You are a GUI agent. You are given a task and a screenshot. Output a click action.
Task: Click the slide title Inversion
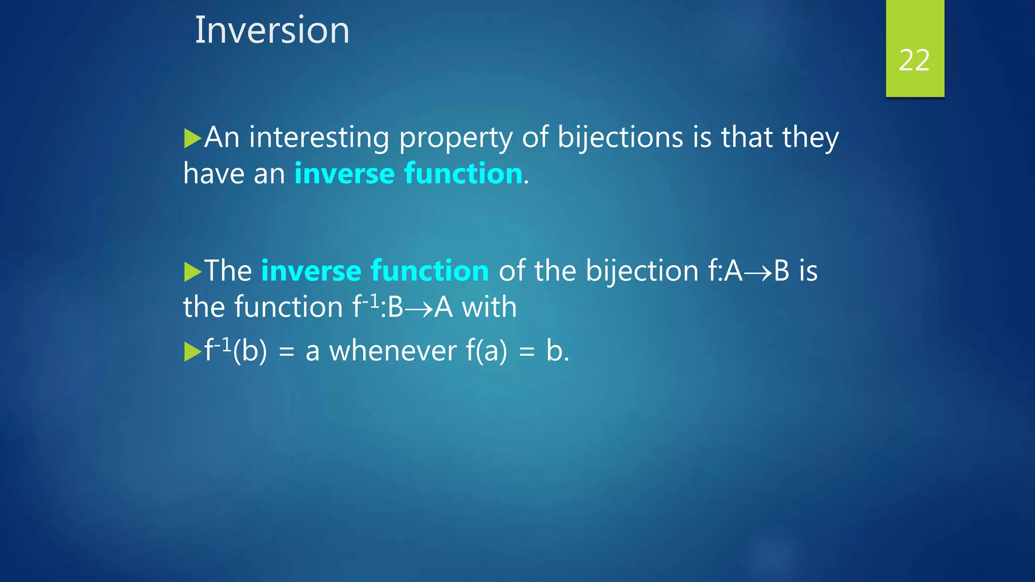(x=272, y=30)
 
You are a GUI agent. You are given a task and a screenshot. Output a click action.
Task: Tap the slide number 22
(x=914, y=61)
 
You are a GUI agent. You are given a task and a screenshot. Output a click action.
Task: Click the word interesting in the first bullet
(x=319, y=137)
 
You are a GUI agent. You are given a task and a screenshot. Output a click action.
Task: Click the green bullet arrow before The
(x=192, y=272)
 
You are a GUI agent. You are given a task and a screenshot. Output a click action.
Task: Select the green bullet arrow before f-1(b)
(x=192, y=352)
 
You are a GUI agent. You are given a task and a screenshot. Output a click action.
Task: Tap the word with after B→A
(x=489, y=307)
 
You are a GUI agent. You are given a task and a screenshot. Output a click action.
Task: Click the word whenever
(x=393, y=351)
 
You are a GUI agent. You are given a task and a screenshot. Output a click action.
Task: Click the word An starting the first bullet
(x=221, y=137)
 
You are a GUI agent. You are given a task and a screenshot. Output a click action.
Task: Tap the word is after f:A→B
(x=808, y=271)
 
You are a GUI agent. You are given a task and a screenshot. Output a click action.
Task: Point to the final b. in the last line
(x=557, y=351)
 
